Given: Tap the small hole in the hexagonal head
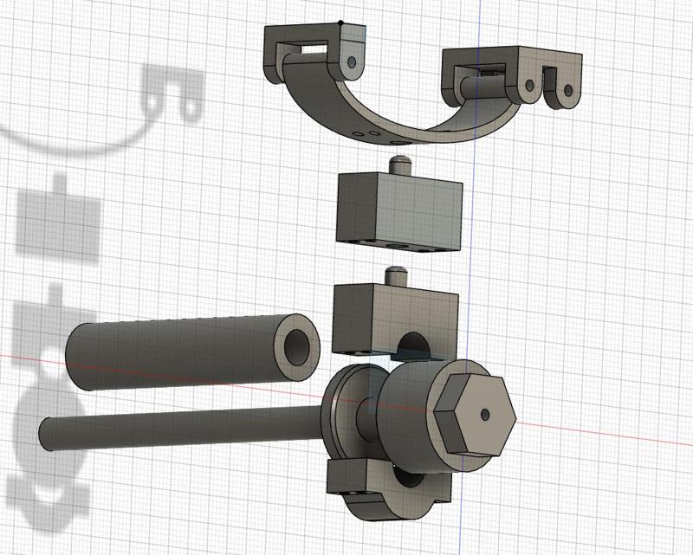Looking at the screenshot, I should coord(488,415).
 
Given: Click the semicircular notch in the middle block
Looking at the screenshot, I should coord(412,349).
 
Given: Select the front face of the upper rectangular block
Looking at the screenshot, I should coord(369,208).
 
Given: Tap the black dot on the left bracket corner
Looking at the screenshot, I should coord(341,23).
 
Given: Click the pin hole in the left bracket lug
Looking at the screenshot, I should coord(352,62).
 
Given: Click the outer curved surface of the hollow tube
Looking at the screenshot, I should coord(173,351).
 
